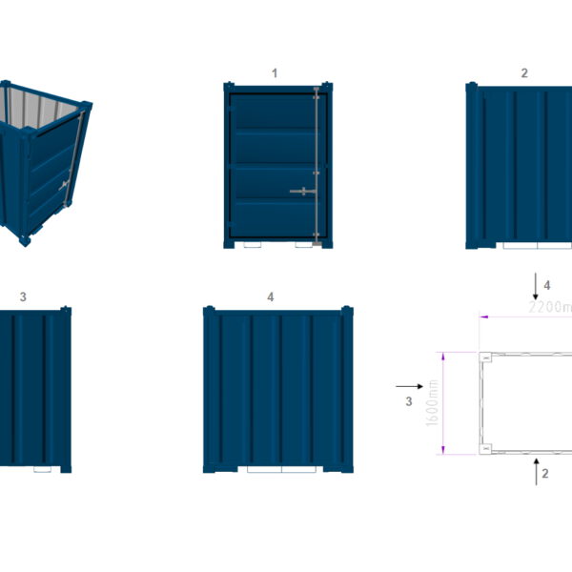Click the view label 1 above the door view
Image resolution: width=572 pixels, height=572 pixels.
[x=275, y=72]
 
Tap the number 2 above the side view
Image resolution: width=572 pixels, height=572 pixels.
[x=524, y=72]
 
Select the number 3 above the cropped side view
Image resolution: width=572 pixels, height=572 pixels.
[x=23, y=297]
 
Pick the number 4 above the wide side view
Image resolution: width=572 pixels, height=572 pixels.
[x=271, y=297]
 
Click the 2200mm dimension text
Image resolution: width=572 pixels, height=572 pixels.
[x=550, y=307]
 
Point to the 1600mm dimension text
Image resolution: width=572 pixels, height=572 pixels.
[x=434, y=401]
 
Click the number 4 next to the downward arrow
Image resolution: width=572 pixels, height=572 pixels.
[x=547, y=284]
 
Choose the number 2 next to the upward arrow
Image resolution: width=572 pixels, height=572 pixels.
[x=545, y=472]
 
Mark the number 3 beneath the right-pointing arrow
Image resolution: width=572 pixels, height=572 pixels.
[x=408, y=401]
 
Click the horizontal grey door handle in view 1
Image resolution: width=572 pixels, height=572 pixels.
[x=302, y=192]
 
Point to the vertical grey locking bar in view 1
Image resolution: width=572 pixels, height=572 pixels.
[x=316, y=162]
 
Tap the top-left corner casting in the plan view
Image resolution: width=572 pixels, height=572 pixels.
[x=485, y=357]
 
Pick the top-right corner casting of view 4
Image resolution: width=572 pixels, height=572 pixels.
[x=348, y=313]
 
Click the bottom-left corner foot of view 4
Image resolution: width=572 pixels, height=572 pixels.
[x=210, y=468]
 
